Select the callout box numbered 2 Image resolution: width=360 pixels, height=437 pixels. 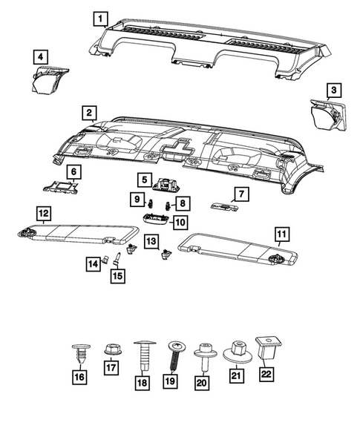coord(88,113)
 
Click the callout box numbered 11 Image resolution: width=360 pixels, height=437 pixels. coord(281,237)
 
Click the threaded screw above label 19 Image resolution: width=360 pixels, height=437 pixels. coord(177,352)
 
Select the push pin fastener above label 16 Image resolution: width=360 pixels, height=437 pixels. coord(79,353)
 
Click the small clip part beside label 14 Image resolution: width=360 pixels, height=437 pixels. coord(107,260)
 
